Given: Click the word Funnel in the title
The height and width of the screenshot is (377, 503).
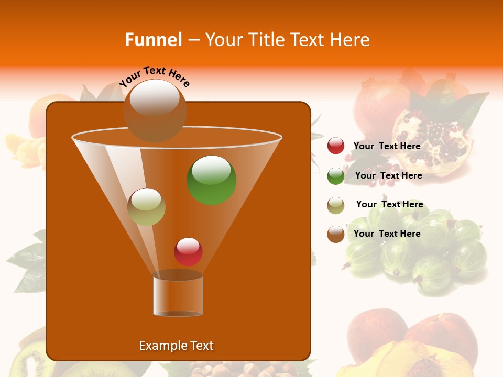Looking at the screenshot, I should [153, 40].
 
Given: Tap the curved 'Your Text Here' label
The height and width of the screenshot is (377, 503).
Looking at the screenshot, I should [155, 76].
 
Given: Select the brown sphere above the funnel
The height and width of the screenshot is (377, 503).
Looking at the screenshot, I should [155, 110].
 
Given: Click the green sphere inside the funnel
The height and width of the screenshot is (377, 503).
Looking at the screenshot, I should [212, 180].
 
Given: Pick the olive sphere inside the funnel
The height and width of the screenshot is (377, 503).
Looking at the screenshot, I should [146, 207].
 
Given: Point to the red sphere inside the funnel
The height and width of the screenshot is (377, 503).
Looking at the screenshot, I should [188, 251].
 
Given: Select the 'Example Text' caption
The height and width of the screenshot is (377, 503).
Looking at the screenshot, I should [176, 346].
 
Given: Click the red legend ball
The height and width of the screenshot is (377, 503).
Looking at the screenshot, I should [336, 146].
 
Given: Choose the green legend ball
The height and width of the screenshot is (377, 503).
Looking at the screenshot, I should [336, 176].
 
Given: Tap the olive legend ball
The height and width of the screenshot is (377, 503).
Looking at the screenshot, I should [336, 205].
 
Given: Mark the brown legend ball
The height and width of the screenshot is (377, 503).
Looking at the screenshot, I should [336, 234].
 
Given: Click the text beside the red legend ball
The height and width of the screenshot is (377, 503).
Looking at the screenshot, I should [387, 146].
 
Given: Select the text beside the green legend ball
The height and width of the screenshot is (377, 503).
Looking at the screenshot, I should [388, 175].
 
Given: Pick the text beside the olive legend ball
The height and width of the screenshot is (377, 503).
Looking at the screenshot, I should [389, 204].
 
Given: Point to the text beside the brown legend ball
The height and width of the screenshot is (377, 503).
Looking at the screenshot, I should [387, 234].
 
